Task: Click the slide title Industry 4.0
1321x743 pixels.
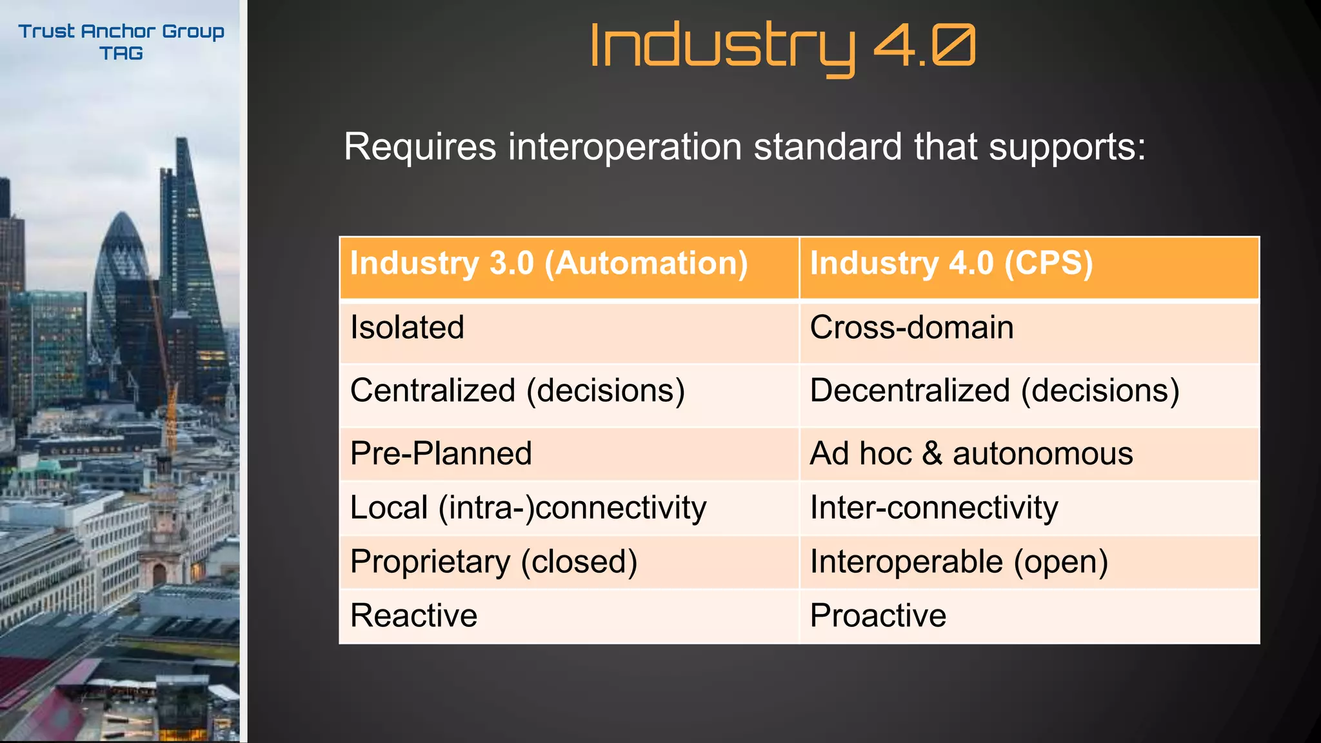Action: tap(782, 46)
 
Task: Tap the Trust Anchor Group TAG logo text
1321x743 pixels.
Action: tap(121, 42)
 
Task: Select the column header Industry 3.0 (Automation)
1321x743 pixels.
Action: tap(549, 264)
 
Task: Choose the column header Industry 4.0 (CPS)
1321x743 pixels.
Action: tap(951, 264)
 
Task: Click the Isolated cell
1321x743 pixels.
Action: tap(407, 328)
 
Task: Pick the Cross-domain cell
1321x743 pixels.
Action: tap(911, 328)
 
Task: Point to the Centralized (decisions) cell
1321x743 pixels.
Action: tap(517, 391)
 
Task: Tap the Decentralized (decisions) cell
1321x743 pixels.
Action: tap(994, 391)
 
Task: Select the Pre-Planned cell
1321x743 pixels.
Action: tap(441, 453)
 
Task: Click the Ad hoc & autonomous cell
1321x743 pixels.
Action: tap(971, 453)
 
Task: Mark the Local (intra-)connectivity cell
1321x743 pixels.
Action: tap(528, 508)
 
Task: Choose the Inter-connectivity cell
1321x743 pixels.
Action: tap(933, 508)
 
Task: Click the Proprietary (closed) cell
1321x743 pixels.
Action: tap(493, 562)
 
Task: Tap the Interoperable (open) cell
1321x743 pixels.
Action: tap(958, 562)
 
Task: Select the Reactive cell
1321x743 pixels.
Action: tap(413, 615)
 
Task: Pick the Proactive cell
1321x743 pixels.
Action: tap(877, 615)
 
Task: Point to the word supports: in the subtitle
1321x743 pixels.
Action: tap(1067, 147)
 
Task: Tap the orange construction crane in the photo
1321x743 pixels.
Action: tap(171, 413)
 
